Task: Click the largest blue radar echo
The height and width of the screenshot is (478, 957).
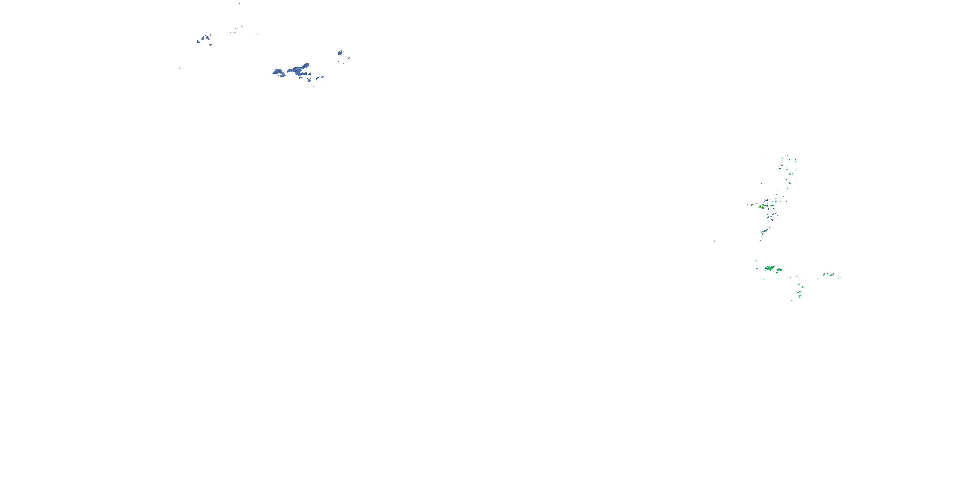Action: click(299, 69)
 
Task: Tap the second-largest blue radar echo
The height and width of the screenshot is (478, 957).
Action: click(278, 72)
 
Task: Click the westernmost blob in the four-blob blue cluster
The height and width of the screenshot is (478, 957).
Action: click(198, 41)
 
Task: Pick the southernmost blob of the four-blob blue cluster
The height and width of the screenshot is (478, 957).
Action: click(211, 45)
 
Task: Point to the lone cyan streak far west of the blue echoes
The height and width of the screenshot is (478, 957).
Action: click(179, 68)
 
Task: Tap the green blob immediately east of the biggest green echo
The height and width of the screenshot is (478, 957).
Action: click(779, 269)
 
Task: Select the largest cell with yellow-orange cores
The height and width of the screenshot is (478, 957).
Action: click(761, 206)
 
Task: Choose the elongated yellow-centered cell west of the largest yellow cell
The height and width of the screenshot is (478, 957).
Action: click(752, 205)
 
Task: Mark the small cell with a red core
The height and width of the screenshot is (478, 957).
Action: click(772, 205)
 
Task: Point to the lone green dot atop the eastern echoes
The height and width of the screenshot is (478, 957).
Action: click(761, 155)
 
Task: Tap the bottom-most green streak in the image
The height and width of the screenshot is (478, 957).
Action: click(792, 300)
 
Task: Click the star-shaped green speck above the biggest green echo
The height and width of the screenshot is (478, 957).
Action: click(757, 261)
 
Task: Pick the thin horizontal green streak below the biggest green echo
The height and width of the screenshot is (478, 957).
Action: click(764, 279)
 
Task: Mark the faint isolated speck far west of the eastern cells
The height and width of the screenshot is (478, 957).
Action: click(715, 241)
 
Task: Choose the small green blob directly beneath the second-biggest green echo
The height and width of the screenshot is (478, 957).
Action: click(778, 273)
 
